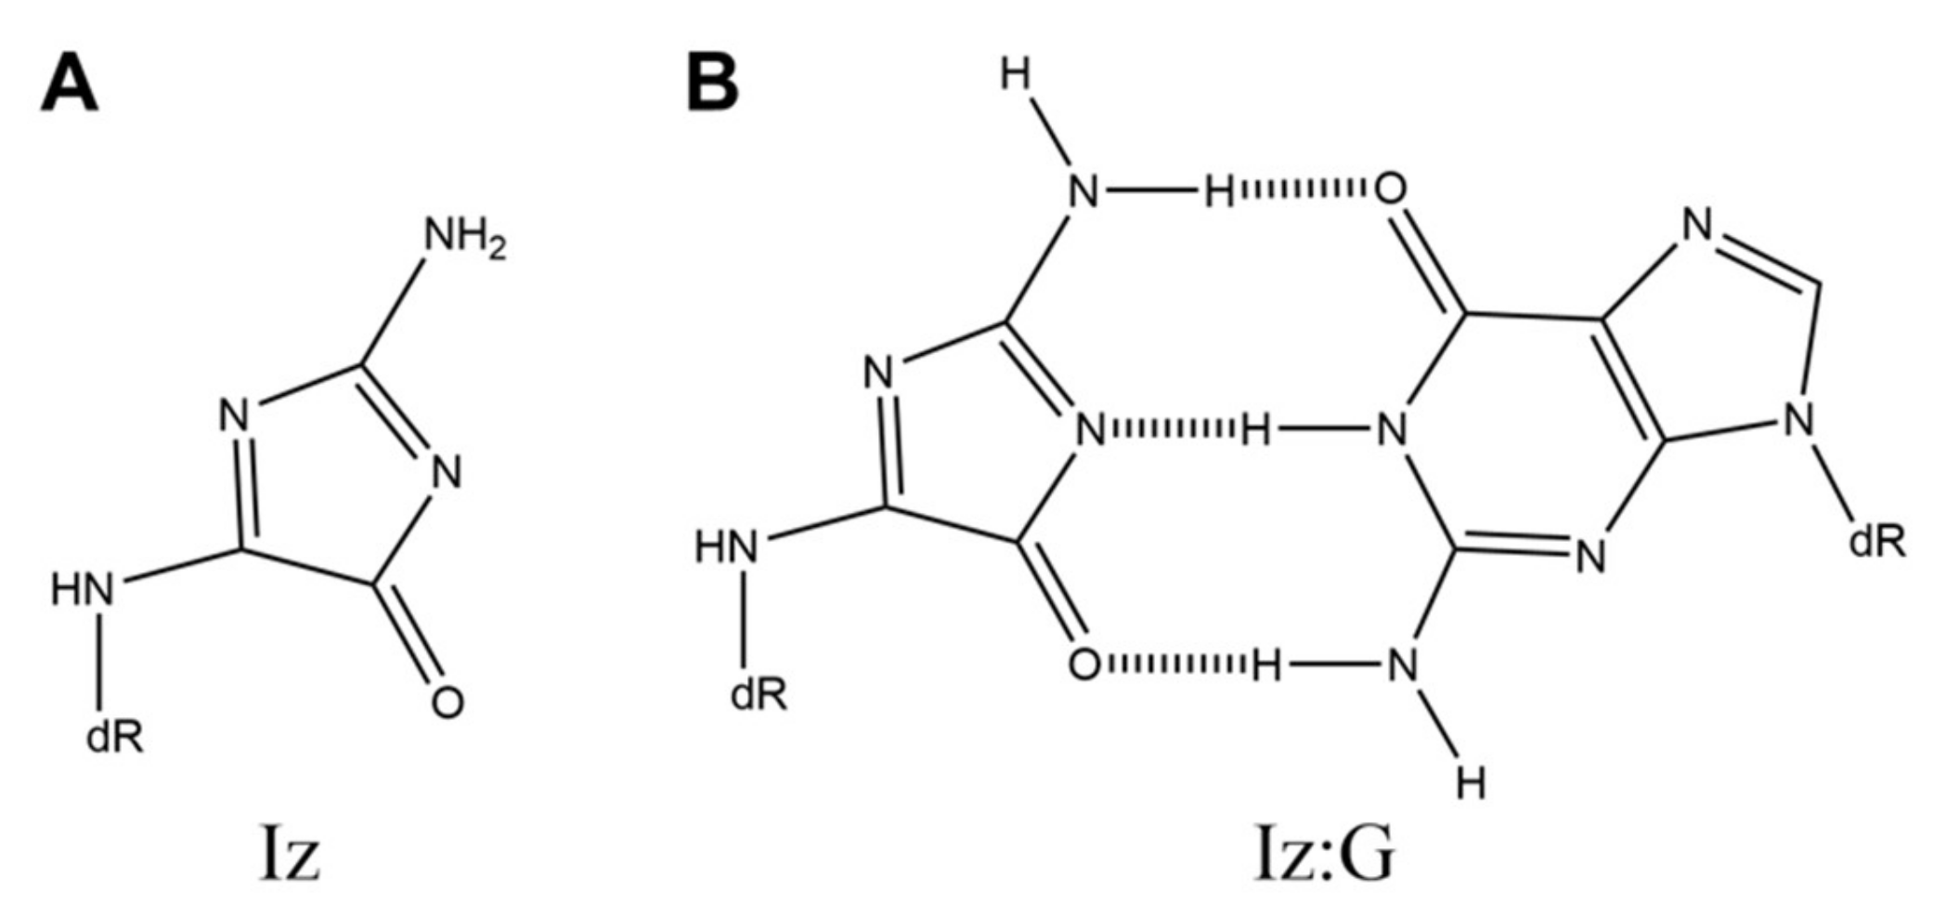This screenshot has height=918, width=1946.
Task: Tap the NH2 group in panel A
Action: tap(465, 238)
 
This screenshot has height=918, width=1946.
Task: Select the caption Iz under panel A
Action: tap(290, 859)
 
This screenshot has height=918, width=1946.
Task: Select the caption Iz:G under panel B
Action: tap(1324, 859)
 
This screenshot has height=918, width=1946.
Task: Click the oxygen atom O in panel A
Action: tap(447, 702)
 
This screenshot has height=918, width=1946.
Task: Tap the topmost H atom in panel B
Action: tap(1017, 76)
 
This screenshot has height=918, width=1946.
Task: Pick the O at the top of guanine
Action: tap(1390, 190)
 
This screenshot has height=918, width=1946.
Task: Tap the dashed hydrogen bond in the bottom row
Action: tap(1174, 664)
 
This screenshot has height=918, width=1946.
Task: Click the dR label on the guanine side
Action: tap(1876, 541)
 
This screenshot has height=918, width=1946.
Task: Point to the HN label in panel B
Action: tap(726, 548)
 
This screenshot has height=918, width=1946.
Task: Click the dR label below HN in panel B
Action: tap(759, 694)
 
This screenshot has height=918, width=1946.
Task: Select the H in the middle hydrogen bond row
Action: tap(1255, 430)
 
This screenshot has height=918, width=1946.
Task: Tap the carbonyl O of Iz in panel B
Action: tap(1084, 665)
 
